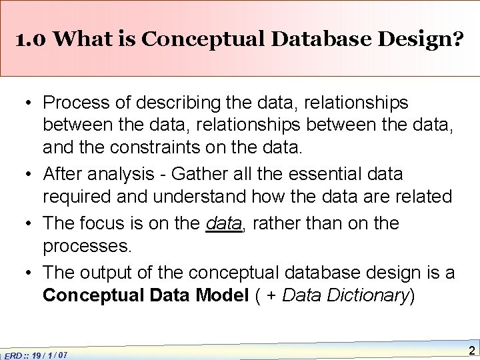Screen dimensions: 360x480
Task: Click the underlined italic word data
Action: pos(223,223)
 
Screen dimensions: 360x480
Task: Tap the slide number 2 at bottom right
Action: pos(471,351)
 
